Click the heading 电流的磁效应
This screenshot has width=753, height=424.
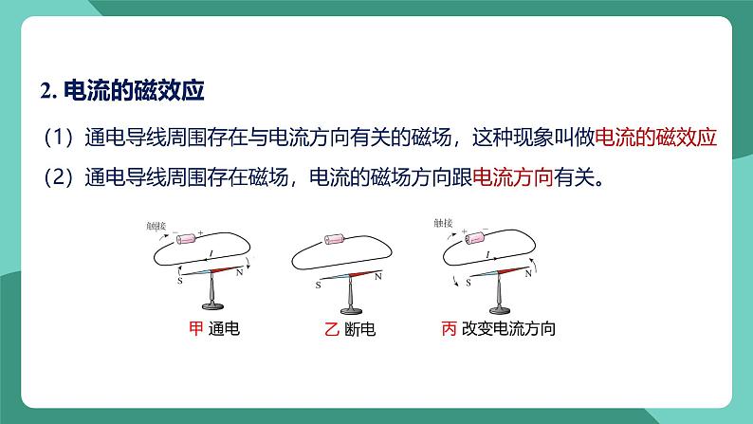click(134, 91)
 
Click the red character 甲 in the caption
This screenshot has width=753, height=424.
click(196, 330)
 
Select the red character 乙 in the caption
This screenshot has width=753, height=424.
click(331, 330)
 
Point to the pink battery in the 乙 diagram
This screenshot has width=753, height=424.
click(336, 241)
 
